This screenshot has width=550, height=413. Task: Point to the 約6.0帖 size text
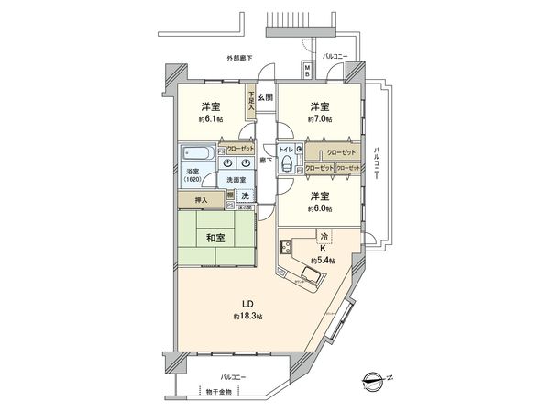point(319,210)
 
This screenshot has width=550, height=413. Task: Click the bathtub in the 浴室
point(196,152)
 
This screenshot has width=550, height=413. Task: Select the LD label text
point(247,303)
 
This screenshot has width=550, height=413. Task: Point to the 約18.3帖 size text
point(247,316)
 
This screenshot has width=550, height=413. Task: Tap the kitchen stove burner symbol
point(284,249)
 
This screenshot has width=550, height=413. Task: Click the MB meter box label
point(307,70)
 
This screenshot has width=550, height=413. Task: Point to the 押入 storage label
point(203,199)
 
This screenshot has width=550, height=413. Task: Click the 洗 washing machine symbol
point(246,196)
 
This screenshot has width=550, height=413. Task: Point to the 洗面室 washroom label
point(237,181)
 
